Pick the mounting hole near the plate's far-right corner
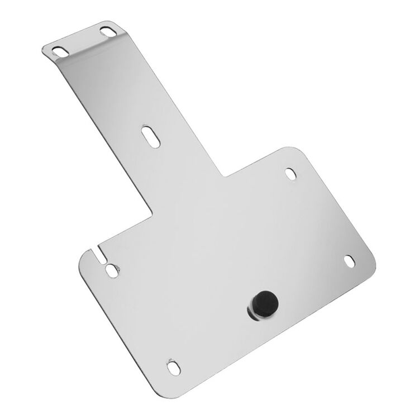pos(350,260)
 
